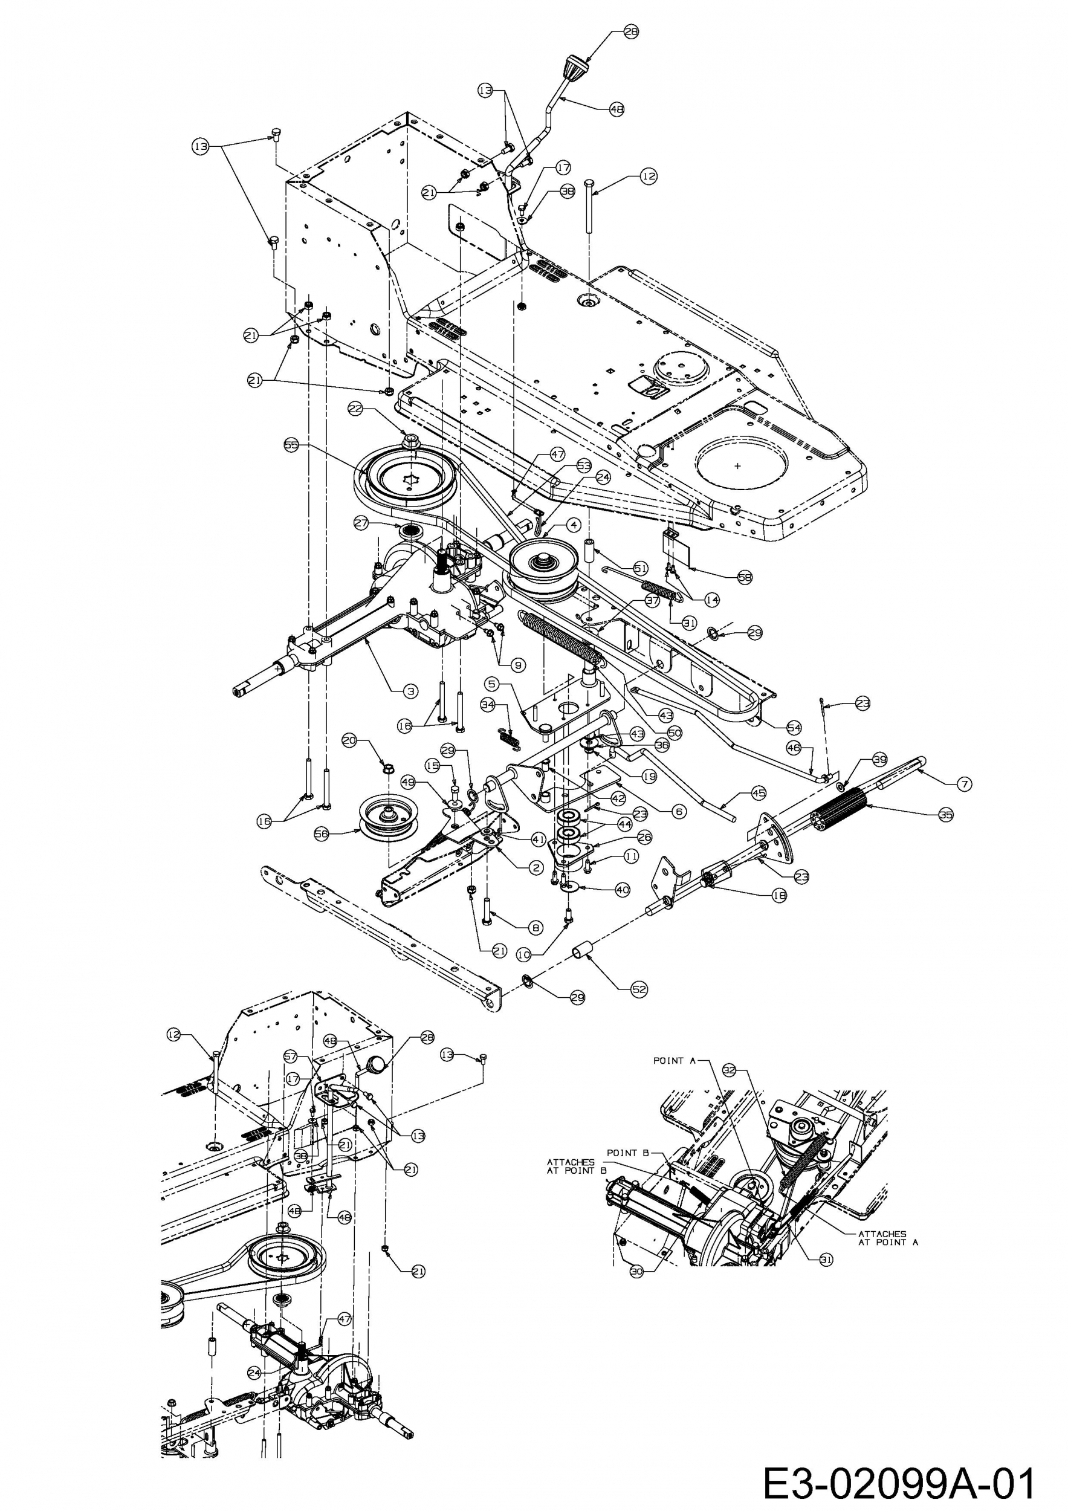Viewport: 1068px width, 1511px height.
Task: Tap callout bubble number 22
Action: (x=355, y=409)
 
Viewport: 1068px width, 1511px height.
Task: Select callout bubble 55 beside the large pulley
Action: (x=291, y=445)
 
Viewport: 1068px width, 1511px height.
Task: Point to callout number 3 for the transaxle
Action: (x=410, y=691)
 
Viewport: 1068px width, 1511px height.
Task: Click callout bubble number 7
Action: (x=965, y=784)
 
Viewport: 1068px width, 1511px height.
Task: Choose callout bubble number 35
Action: (x=945, y=814)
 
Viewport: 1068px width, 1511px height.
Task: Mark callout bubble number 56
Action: (x=322, y=834)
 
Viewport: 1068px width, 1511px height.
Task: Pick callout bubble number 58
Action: (x=744, y=577)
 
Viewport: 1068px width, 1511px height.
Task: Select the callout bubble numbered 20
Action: (x=349, y=740)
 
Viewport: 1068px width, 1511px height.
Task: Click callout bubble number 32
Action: (x=729, y=1071)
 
